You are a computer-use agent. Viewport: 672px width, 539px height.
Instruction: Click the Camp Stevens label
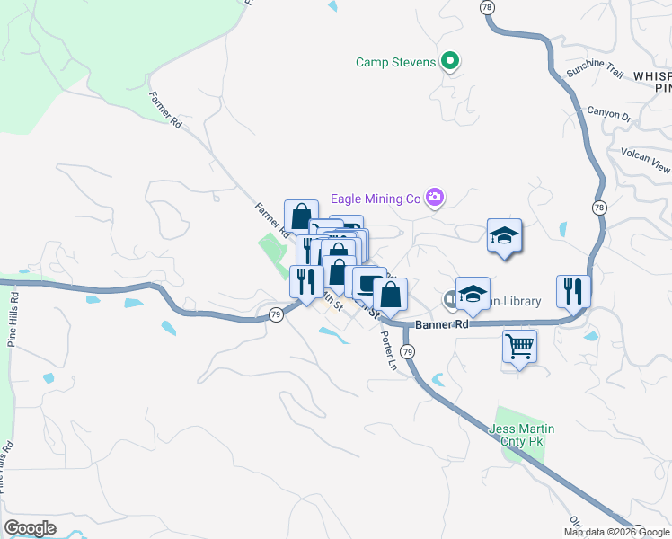click(395, 62)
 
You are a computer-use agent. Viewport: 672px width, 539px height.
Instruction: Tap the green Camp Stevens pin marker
click(451, 62)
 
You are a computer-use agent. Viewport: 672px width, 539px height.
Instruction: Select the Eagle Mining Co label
click(376, 198)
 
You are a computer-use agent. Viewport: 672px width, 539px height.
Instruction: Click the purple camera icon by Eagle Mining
click(436, 198)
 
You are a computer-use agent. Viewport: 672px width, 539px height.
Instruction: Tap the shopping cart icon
click(520, 345)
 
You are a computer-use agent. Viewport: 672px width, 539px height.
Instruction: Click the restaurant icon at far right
click(573, 290)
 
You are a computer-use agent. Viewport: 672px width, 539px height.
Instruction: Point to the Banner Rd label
click(441, 324)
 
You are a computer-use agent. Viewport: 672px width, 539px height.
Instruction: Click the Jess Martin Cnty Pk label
click(522, 436)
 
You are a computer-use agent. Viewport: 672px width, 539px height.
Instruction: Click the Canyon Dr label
click(610, 115)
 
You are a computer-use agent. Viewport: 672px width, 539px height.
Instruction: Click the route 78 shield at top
click(486, 6)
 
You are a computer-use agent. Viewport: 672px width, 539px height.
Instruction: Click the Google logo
click(30, 528)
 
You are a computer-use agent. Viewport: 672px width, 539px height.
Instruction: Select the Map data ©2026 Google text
click(616, 532)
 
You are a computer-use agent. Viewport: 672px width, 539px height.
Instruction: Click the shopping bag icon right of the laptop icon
click(391, 294)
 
